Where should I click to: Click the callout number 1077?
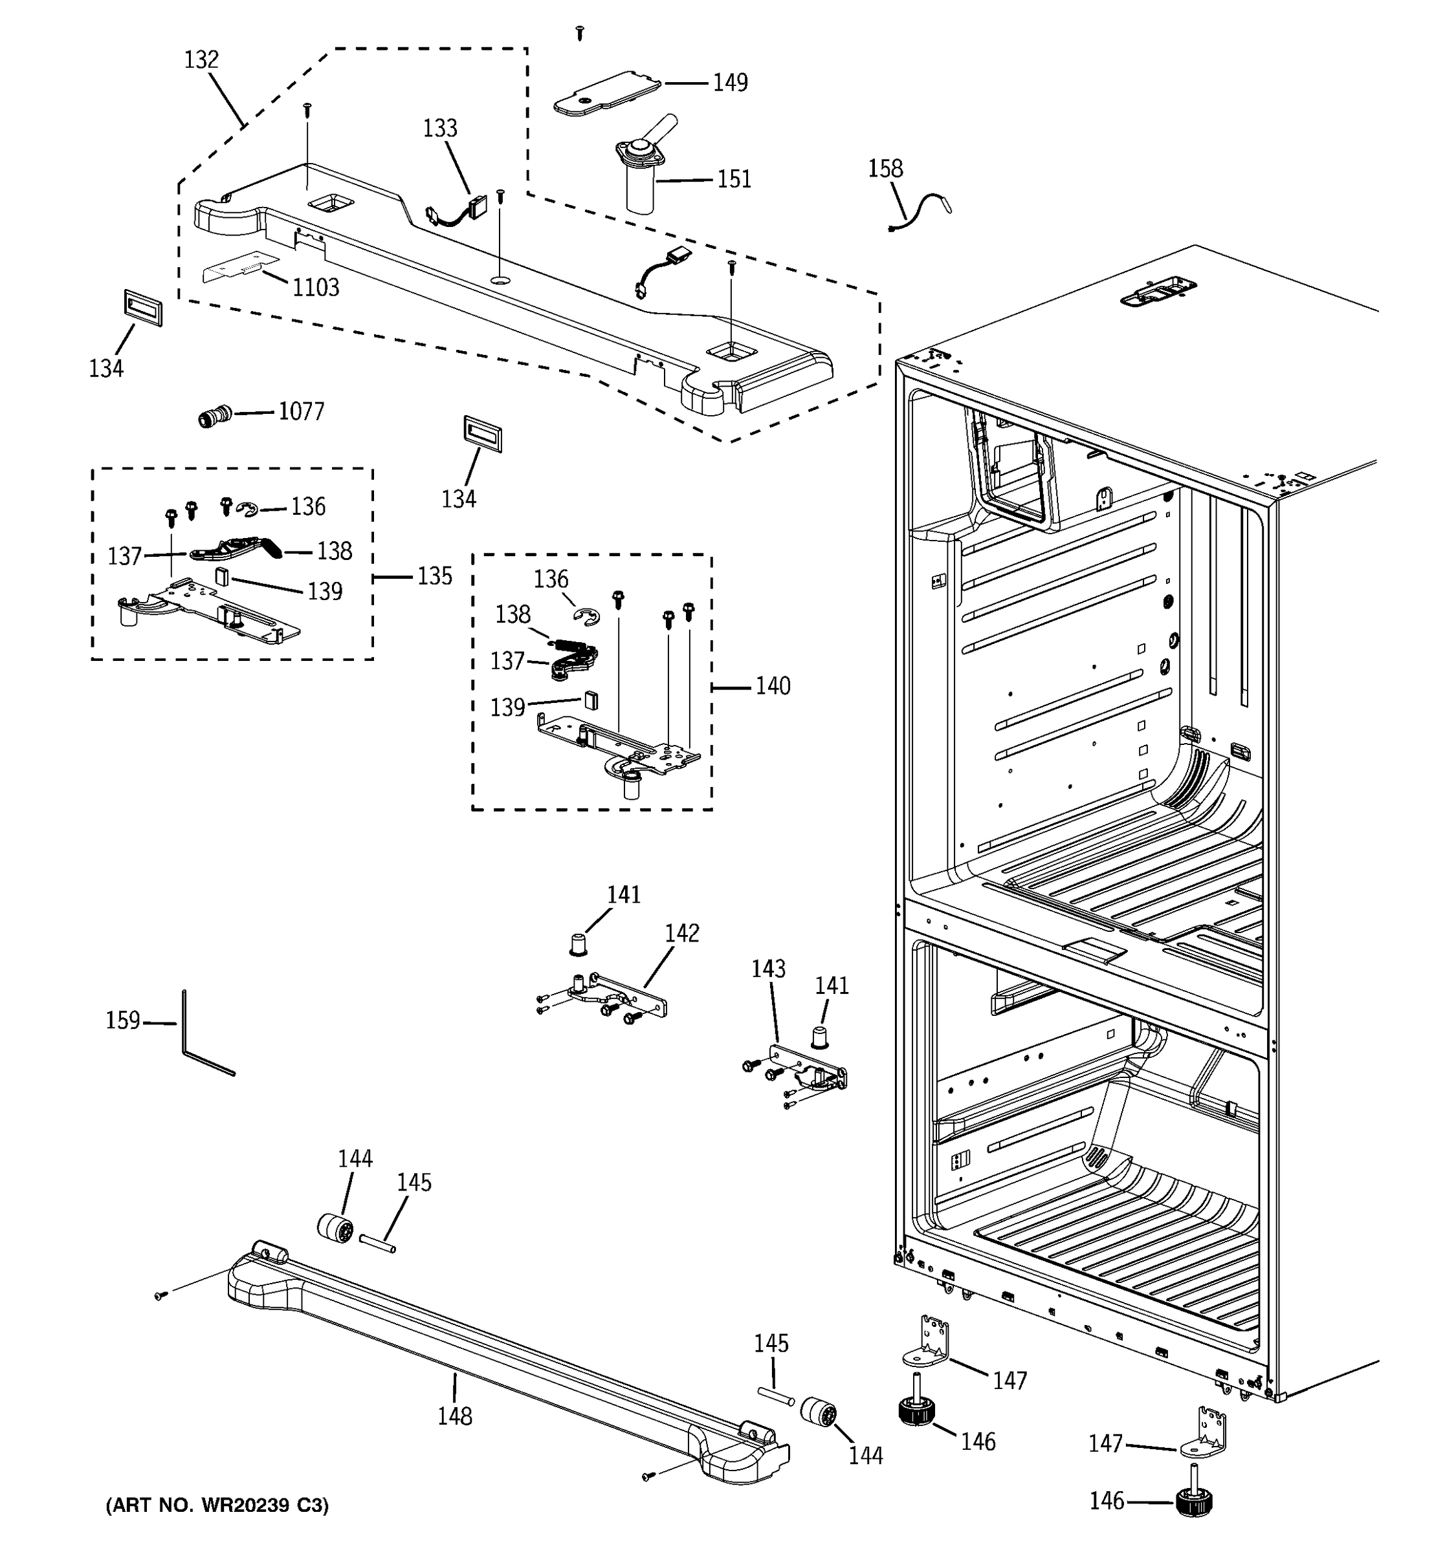302,411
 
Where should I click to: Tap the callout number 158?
885,169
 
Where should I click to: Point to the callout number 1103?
316,288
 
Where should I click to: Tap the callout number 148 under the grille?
455,1416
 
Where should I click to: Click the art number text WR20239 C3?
217,1505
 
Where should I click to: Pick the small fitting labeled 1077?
214,416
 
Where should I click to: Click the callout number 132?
201,60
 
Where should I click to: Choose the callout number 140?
773,686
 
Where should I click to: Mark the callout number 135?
434,576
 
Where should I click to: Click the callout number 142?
682,933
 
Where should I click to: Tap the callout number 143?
768,969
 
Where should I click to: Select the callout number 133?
440,128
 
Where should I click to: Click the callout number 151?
734,180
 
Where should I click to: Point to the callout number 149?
729,83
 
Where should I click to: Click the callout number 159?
123,1020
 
